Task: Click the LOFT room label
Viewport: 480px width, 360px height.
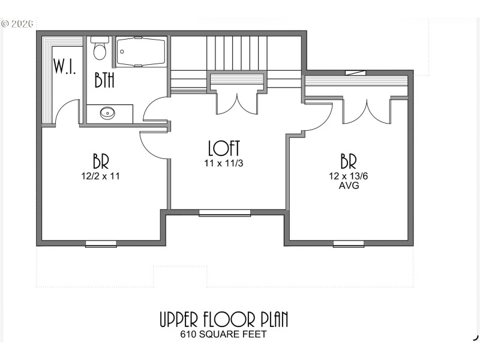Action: pyautogui.click(x=224, y=148)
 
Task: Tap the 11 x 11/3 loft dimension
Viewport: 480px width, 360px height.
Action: pyautogui.click(x=224, y=162)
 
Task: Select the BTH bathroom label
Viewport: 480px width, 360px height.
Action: pyautogui.click(x=104, y=80)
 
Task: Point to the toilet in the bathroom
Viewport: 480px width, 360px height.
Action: pyautogui.click(x=100, y=49)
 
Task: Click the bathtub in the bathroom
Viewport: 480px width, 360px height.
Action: pyautogui.click(x=140, y=52)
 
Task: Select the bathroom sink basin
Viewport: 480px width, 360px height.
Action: pyautogui.click(x=108, y=113)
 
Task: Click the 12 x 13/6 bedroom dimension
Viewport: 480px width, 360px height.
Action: pyautogui.click(x=349, y=176)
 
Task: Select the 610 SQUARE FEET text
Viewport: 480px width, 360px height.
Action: pyautogui.click(x=224, y=335)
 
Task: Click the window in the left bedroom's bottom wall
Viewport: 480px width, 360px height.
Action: pyautogui.click(x=101, y=244)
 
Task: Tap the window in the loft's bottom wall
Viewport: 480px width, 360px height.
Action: pyautogui.click(x=224, y=212)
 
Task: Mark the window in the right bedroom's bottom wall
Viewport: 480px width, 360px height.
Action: pyautogui.click(x=349, y=244)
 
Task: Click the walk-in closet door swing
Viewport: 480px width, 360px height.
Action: pyautogui.click(x=67, y=113)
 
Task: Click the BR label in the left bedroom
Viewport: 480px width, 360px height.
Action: pyautogui.click(x=101, y=161)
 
